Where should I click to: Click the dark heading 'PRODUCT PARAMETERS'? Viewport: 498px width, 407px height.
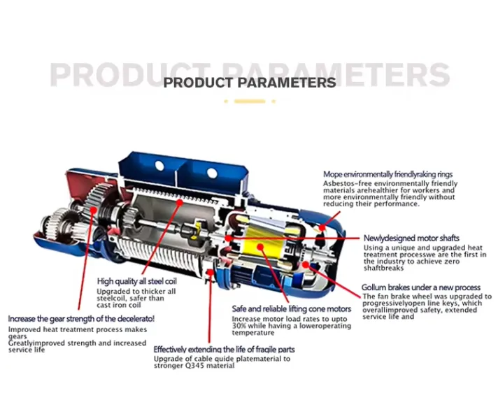pos(250,83)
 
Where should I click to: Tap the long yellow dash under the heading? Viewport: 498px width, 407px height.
pos(250,101)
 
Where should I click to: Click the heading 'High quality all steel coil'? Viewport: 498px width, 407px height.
pos(137,281)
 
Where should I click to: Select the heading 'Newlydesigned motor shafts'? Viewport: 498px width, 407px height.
pos(411,238)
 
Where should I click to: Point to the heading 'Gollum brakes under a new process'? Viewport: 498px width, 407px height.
pos(421,287)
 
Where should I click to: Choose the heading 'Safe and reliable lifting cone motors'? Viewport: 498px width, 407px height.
pos(292,309)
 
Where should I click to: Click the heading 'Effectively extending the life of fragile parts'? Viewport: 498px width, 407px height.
pos(225,350)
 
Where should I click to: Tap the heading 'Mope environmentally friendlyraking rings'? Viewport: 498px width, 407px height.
pos(387,174)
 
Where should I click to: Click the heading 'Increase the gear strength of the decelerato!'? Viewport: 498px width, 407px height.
pos(81,319)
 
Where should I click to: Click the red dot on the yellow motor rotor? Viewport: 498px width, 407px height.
pos(260,247)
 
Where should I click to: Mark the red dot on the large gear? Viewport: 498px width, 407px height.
pos(94,210)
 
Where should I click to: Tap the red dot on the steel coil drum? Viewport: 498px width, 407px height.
pos(180,202)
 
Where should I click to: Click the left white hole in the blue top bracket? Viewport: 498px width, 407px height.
pos(159,166)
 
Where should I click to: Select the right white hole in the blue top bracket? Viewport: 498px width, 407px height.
pos(212,173)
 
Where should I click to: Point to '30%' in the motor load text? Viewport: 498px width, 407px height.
pos(239,326)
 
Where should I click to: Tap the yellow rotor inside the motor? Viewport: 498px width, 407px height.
pos(264,243)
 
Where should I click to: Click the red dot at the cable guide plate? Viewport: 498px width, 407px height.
pos(210,272)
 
